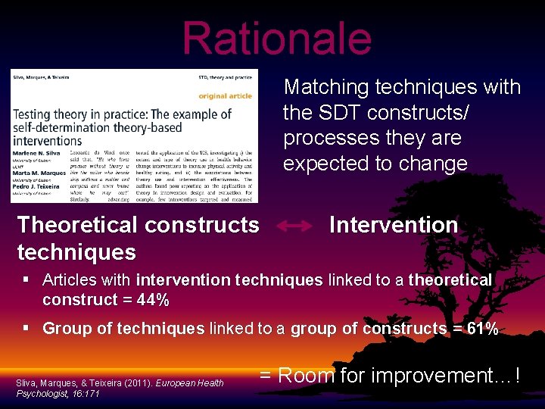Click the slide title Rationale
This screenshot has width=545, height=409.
(276, 38)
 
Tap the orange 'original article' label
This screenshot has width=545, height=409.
(226, 96)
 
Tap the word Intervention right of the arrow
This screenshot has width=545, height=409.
(394, 226)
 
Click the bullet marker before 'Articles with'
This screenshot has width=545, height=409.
(26, 280)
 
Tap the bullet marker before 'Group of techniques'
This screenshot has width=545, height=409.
(26, 329)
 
